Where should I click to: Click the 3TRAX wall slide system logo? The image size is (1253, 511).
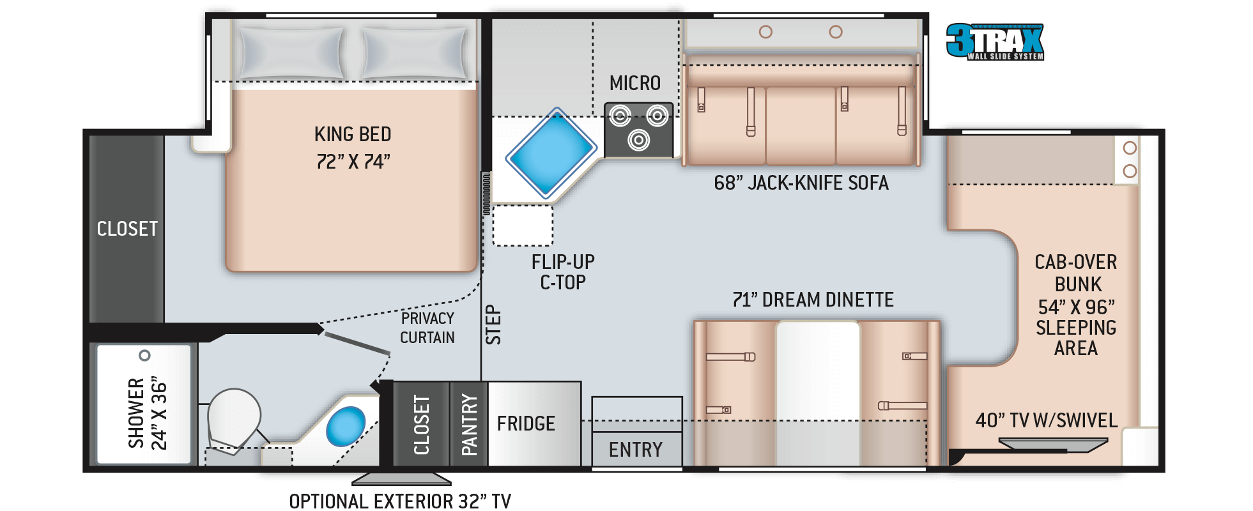pos(995,42)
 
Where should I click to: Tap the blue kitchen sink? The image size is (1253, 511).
pos(551,153)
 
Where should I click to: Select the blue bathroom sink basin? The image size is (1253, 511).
pos(346,426)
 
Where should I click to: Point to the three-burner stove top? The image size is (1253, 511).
pos(638,130)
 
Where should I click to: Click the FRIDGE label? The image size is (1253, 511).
pos(526,423)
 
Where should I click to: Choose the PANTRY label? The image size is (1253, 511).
pos(470,425)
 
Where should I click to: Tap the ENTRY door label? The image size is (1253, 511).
pos(636,450)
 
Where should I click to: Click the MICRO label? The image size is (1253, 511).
pos(635,83)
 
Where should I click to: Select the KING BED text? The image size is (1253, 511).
pos(353,134)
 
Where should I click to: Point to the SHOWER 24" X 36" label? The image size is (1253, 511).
pos(148,413)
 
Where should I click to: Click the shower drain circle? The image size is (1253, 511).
pos(144,355)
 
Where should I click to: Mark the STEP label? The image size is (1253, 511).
pos(493,324)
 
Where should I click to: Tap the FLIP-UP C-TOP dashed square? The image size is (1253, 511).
pos(523,225)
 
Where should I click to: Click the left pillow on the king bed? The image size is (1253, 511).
pos(291,53)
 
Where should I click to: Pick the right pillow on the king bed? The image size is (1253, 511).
pos(415,54)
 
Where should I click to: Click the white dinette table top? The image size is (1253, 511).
pos(818,393)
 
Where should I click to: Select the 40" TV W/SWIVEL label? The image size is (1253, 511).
pos(1047,420)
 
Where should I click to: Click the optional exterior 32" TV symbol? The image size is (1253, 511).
pos(401,479)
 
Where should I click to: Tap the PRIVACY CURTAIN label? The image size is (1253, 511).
pos(427,328)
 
